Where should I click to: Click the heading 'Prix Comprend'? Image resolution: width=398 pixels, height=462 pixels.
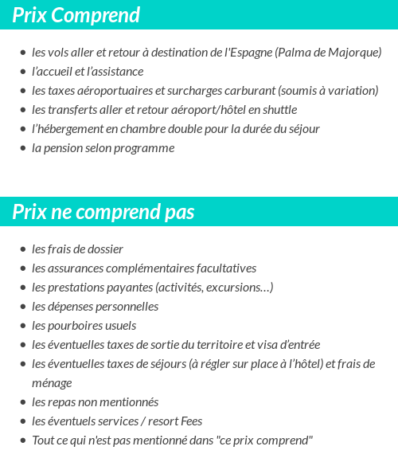click(x=76, y=15)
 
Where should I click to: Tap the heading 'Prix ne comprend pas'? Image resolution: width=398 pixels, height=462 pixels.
click(x=103, y=212)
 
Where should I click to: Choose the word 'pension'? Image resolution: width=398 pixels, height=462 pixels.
click(x=64, y=148)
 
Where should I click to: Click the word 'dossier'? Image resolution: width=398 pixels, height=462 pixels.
click(x=104, y=249)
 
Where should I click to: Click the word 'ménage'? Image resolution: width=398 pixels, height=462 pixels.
click(x=52, y=383)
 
